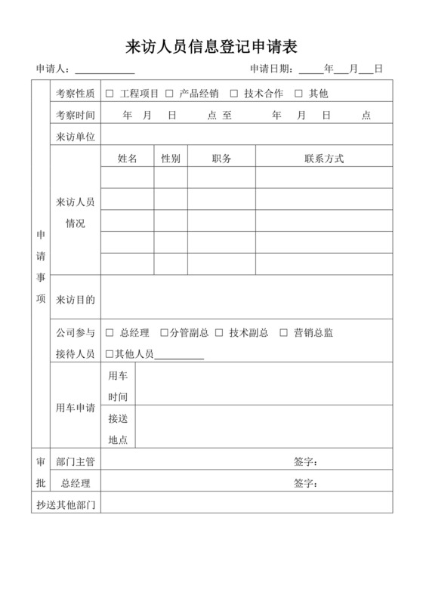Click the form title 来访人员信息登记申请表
click(211, 47)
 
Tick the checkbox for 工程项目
click(110, 94)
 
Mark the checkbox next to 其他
click(298, 94)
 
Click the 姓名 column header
click(127, 159)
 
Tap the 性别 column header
click(171, 159)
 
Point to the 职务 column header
click(221, 159)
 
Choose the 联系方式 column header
click(324, 159)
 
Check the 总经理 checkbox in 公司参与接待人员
click(110, 333)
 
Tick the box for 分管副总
click(164, 333)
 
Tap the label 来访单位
click(76, 137)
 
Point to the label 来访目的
click(76, 300)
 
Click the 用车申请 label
click(76, 408)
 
